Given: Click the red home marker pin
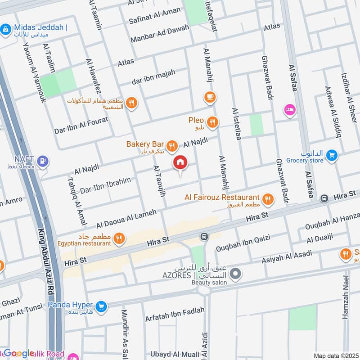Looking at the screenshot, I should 180,163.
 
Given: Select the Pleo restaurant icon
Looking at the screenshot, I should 212,121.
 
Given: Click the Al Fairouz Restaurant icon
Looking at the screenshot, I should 268,198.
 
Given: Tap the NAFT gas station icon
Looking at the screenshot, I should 43,161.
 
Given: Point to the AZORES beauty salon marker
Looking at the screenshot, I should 235,274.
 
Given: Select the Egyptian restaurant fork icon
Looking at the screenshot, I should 119,238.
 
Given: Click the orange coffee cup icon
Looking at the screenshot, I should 210,97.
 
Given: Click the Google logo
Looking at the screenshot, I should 19,353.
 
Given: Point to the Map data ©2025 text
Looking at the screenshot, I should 335,355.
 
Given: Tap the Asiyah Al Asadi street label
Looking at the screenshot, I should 287,257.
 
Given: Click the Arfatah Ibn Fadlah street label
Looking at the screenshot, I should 175,314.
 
